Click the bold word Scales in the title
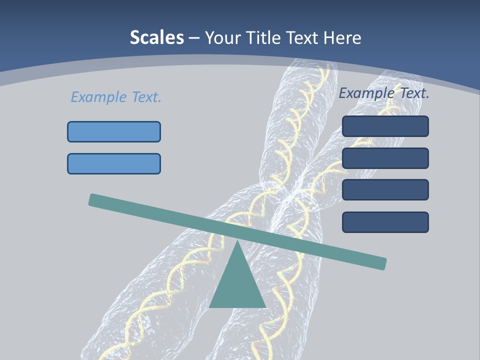click(156, 37)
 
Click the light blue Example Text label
click(116, 97)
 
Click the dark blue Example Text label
click(384, 93)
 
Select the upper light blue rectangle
click(114, 131)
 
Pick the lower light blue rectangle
click(114, 163)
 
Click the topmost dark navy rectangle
click(385, 126)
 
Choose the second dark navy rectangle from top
click(385, 158)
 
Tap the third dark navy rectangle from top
click(385, 189)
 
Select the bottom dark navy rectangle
click(385, 222)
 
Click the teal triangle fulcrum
click(237, 285)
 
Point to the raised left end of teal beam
click(93, 199)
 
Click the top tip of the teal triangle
click(237, 242)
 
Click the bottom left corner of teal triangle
click(210, 306)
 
